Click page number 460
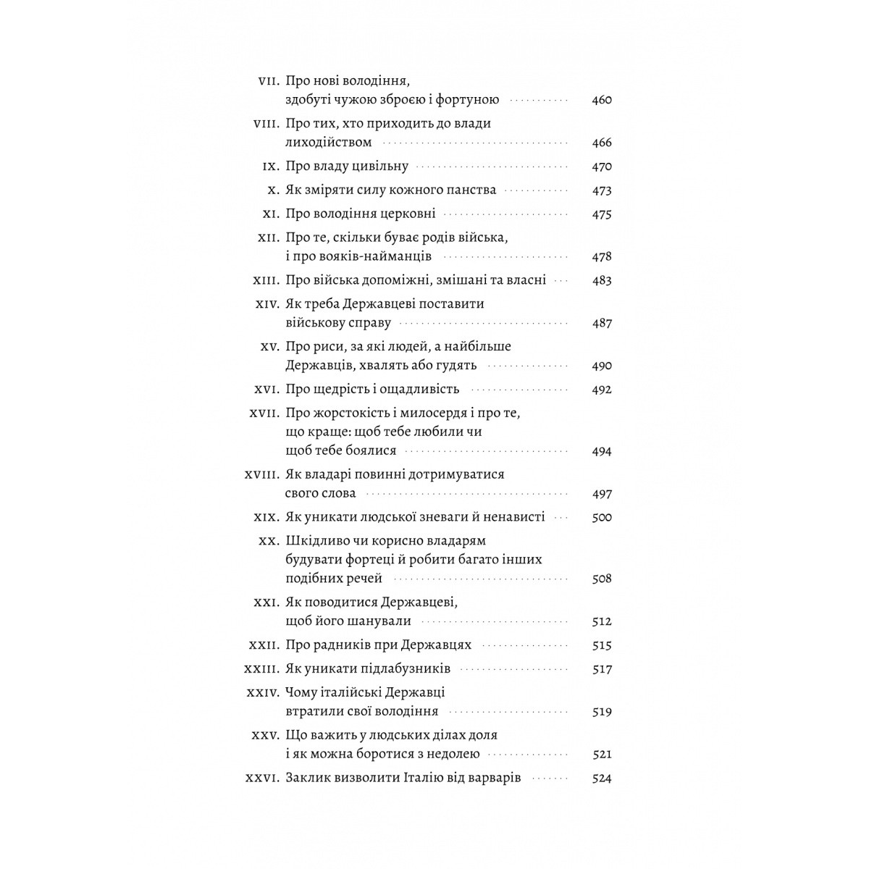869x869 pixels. pos(602,100)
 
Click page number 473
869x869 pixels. pos(602,190)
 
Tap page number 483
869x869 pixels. pos(602,280)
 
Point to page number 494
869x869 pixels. pos(602,451)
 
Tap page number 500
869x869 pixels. pos(602,517)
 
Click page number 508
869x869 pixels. pos(602,579)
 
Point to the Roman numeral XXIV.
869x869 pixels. pos(263,693)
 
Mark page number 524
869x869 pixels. pos(602,778)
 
